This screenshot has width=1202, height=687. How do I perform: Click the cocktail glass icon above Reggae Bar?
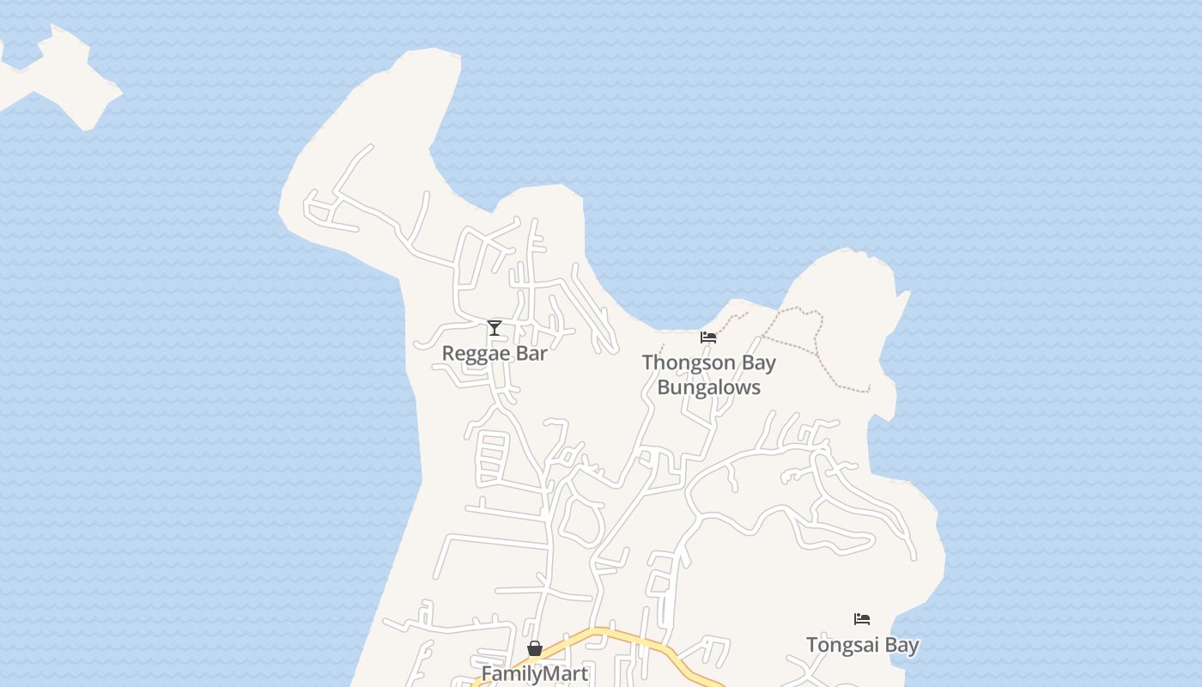click(495, 327)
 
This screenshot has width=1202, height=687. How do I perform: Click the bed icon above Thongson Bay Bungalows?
click(708, 337)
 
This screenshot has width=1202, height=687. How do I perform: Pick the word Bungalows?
click(709, 387)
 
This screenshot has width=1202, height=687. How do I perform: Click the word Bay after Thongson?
click(759, 363)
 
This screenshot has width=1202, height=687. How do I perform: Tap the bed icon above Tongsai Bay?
click(862, 619)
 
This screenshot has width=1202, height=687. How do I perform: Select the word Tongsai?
click(841, 645)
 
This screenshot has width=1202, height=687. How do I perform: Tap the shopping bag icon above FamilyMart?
click(535, 648)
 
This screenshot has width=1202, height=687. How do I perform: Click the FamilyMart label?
click(535, 674)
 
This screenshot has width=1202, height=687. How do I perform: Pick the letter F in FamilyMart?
click(487, 674)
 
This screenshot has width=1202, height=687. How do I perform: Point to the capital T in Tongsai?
click(811, 645)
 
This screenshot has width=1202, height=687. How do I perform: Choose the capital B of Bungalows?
click(664, 387)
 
